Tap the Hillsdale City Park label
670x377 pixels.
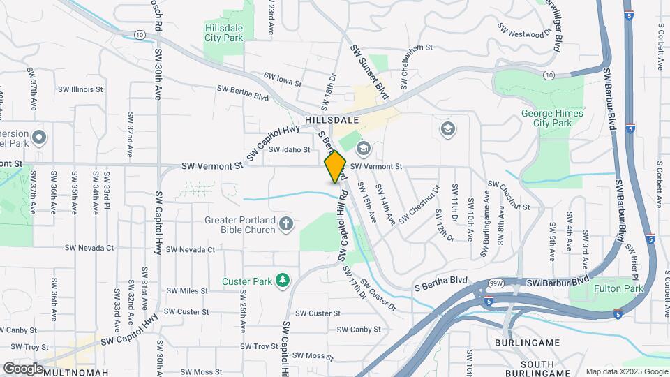(x=223, y=33)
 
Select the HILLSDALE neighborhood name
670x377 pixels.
(x=332, y=120)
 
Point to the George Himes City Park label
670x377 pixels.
(x=546, y=118)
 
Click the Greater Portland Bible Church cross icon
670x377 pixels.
(x=285, y=224)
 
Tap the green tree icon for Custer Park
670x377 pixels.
(x=282, y=281)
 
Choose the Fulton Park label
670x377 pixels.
(x=618, y=288)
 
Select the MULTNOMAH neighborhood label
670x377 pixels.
(x=76, y=372)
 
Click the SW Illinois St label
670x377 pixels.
(x=80, y=89)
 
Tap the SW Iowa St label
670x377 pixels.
(x=282, y=79)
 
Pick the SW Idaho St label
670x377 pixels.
(x=289, y=149)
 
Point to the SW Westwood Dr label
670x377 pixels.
(x=520, y=30)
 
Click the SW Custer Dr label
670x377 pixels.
(x=380, y=297)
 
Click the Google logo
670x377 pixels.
(x=22, y=368)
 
